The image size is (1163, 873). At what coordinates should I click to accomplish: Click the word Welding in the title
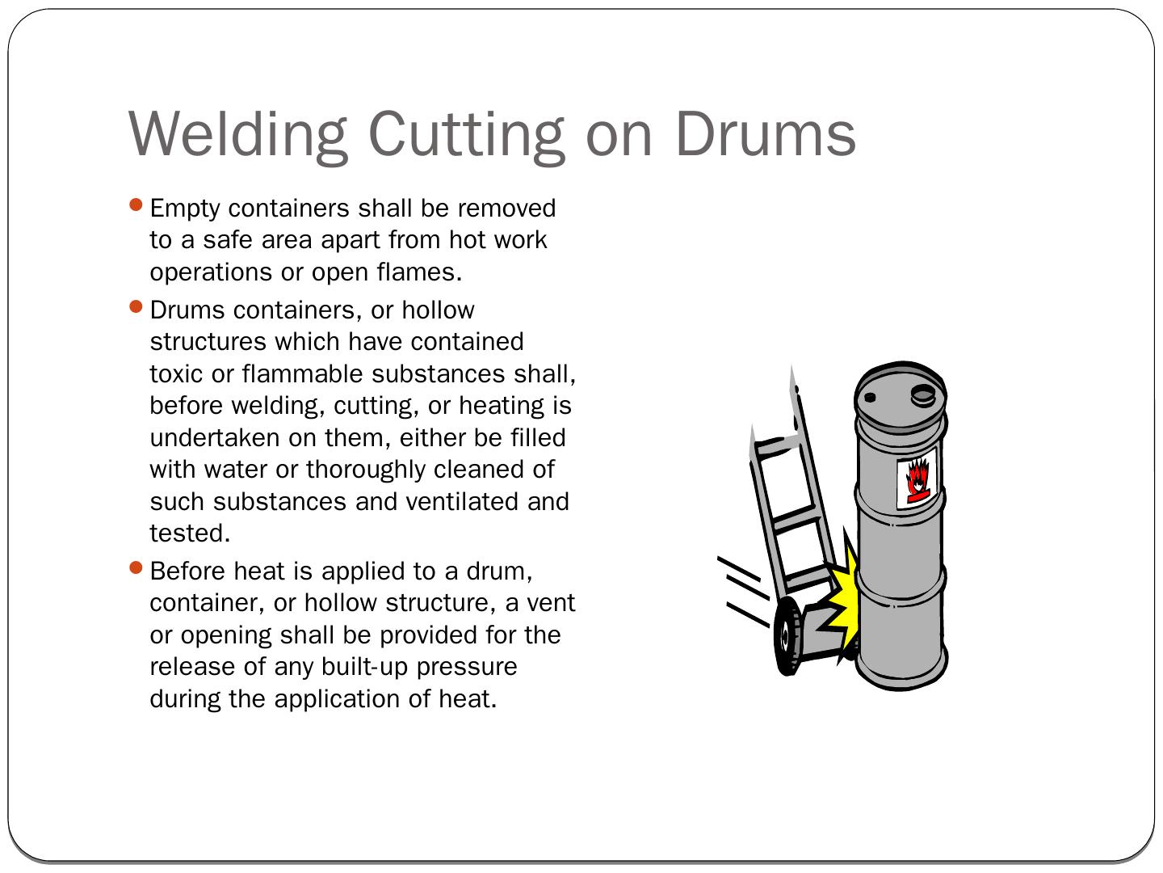click(x=237, y=135)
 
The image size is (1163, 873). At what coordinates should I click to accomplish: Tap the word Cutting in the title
click(x=466, y=135)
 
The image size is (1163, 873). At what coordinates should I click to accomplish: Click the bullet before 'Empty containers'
click(x=136, y=205)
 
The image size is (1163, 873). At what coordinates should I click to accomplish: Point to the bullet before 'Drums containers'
click(x=136, y=306)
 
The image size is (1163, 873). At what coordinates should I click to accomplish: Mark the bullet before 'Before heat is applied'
click(x=136, y=567)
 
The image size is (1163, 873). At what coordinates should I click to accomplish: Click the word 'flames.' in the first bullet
click(x=420, y=272)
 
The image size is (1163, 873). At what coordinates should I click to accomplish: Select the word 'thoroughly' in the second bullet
click(x=366, y=470)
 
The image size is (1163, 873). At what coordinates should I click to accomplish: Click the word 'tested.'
click(x=190, y=533)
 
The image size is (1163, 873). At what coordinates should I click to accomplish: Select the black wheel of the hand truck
click(x=788, y=636)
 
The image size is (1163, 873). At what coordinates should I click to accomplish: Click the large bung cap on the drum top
click(x=923, y=395)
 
